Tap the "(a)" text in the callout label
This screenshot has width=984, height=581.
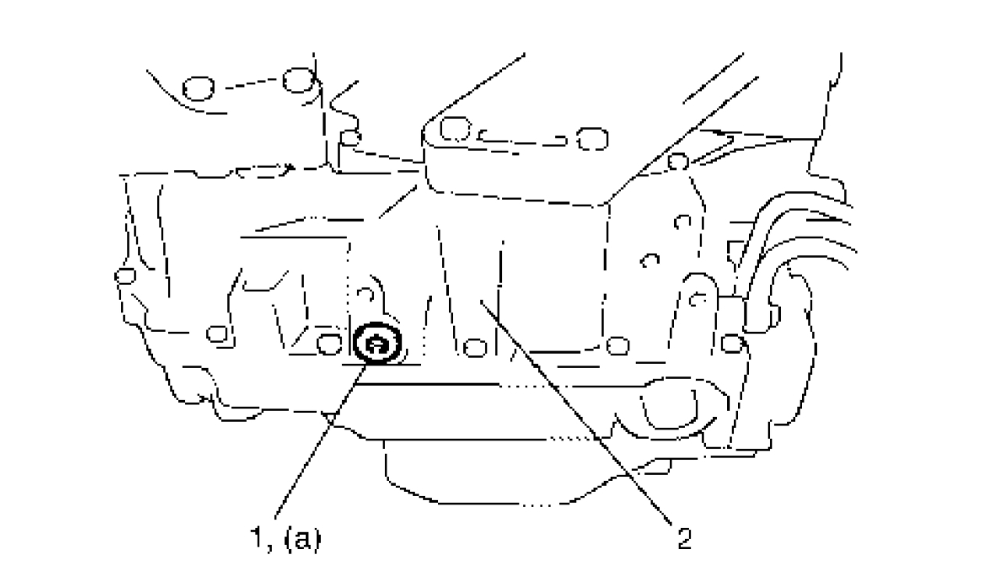coord(304,540)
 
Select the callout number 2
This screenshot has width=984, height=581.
coord(683,540)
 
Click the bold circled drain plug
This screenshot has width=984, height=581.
coord(378,344)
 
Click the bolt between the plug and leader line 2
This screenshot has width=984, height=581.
coord(471,347)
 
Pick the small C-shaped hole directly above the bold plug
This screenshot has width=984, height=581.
coord(362,294)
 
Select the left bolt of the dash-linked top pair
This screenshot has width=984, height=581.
coord(197,89)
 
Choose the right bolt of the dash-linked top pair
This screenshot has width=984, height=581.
coord(298,80)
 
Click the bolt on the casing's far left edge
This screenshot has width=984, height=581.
coord(122,276)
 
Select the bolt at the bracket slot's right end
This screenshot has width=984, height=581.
coord(591,139)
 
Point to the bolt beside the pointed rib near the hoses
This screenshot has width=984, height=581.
coord(678,162)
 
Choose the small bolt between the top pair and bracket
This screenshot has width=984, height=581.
coord(351,139)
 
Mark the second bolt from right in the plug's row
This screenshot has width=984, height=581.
coord(617,344)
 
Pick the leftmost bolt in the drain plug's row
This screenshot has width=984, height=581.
coord(216,335)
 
